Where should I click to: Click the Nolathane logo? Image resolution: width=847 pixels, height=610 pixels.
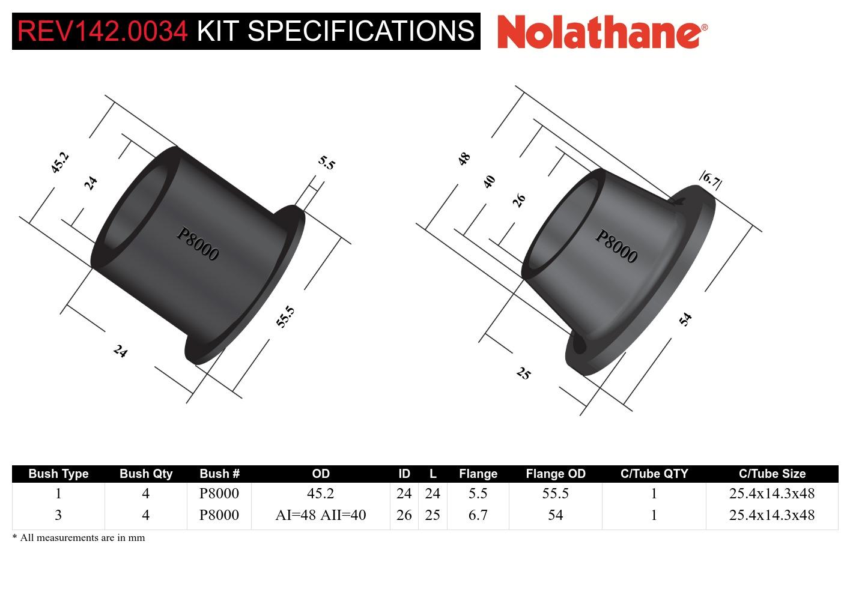[x=602, y=31]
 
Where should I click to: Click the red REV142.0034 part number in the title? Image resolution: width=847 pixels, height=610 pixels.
[x=103, y=31]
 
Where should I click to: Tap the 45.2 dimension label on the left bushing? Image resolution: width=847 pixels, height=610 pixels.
[x=59, y=163]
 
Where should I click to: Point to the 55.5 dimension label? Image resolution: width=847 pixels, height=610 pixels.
[x=285, y=316]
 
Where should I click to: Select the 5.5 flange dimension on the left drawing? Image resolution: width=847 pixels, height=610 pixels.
[x=326, y=163]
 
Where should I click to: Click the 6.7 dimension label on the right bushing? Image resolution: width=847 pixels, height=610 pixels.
[x=711, y=180]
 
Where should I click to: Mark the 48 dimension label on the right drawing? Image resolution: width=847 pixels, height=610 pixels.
[x=464, y=159]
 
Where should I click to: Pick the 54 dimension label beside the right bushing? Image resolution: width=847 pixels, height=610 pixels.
[x=685, y=319]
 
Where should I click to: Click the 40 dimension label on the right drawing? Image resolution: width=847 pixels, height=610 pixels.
[x=490, y=181]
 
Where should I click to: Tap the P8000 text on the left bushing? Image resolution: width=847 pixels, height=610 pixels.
[x=197, y=244]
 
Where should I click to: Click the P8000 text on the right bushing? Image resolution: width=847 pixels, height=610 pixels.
[x=616, y=246]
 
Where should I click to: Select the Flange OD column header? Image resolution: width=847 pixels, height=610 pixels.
[x=555, y=474]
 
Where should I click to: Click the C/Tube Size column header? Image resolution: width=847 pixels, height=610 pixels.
[x=772, y=474]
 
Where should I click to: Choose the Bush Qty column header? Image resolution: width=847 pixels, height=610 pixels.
[x=146, y=474]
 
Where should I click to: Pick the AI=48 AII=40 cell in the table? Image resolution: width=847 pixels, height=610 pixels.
[x=320, y=515]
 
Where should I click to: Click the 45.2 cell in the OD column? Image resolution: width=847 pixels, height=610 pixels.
[x=320, y=494]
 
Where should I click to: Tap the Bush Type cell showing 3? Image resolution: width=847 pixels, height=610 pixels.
[x=58, y=515]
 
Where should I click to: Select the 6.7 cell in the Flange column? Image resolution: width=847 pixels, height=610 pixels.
[x=478, y=515]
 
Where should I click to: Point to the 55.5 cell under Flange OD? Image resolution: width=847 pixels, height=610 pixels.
[x=555, y=494]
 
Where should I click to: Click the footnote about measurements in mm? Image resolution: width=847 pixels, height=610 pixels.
[x=79, y=538]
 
